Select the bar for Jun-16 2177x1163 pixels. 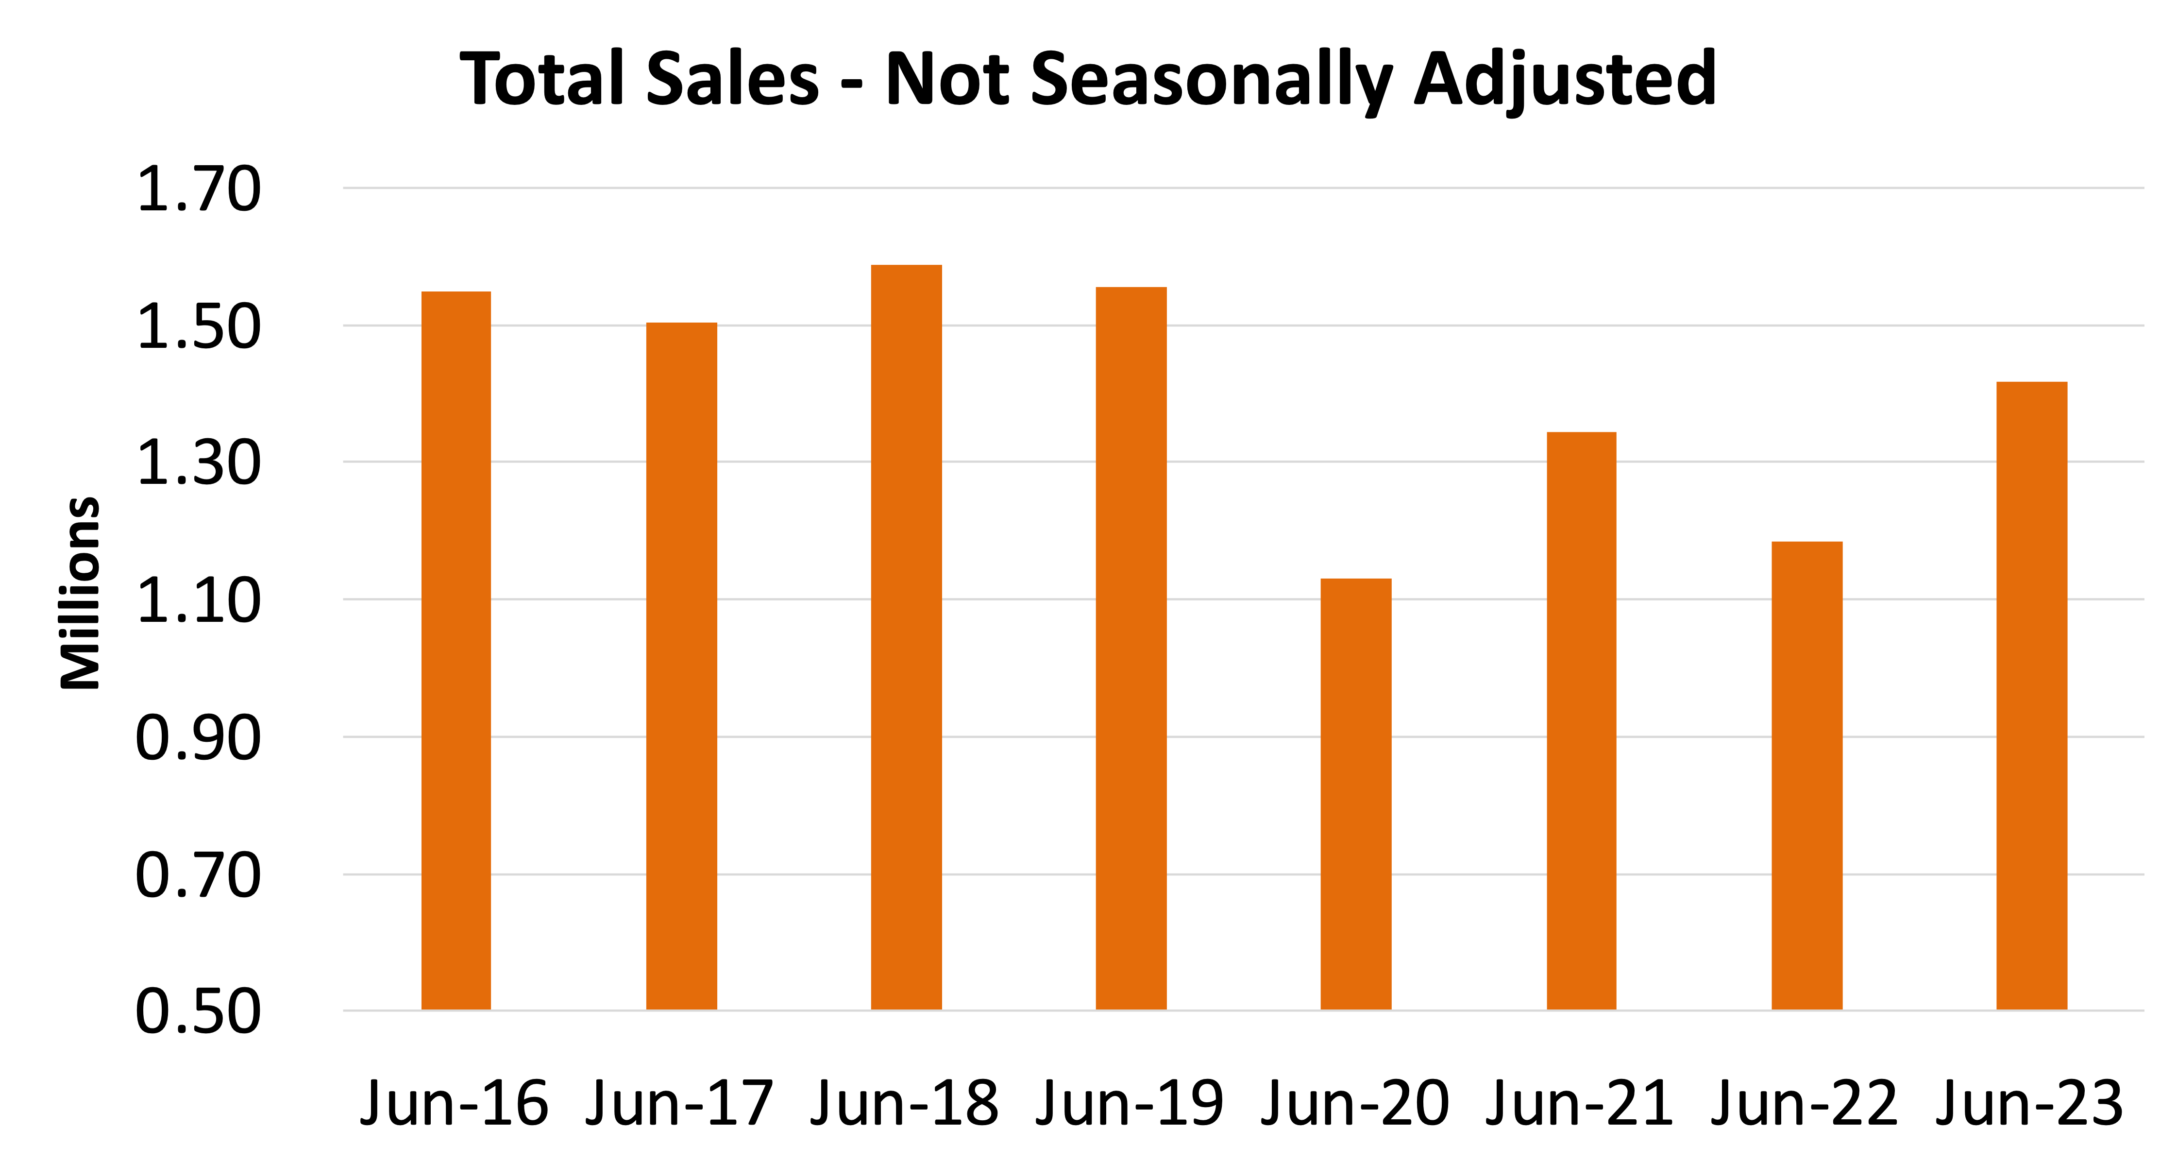point(456,651)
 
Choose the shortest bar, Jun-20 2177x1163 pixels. point(1355,794)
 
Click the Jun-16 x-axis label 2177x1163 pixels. point(455,1103)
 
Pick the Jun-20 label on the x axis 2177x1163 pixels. point(1355,1103)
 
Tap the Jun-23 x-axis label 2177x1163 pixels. point(2029,1103)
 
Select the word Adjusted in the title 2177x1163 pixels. point(1564,80)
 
